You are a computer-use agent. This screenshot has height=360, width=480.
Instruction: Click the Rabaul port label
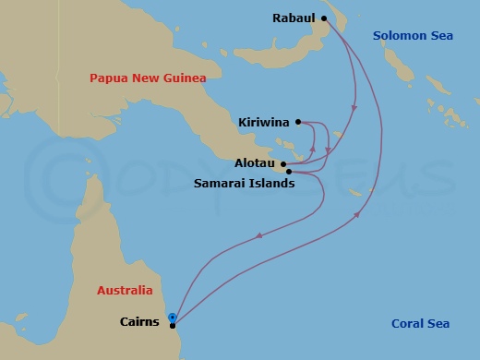pos(294,18)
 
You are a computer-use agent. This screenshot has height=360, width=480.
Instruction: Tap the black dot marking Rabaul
pos(324,18)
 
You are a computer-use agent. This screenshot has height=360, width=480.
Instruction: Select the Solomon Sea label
pos(413,35)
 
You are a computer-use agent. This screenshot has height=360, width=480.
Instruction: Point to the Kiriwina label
pos(264,122)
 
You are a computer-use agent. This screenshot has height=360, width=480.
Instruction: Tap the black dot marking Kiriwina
pos(298,122)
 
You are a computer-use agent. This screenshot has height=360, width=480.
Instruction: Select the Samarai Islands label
pos(245,183)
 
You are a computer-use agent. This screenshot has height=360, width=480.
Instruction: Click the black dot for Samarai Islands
pos(290,172)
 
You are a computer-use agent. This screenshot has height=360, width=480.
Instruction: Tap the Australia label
pos(125,290)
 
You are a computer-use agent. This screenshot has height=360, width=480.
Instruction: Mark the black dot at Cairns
pos(173,324)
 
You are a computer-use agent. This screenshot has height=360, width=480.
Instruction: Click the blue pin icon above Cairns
pos(173,317)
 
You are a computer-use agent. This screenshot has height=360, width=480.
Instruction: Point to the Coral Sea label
pos(420,323)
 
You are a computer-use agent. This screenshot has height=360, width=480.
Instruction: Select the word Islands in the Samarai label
pos(271,183)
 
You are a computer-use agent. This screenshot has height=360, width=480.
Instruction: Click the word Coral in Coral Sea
pos(407,323)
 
